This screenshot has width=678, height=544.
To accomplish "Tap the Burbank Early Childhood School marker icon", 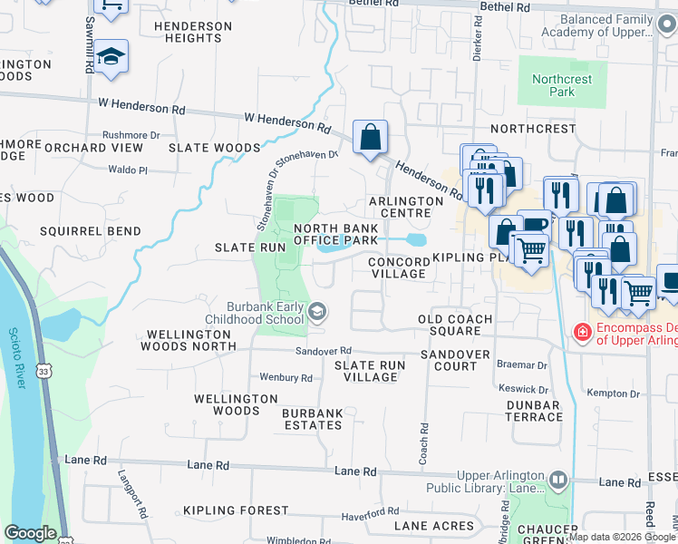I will (317, 313).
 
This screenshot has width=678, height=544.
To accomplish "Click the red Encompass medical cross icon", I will (581, 333).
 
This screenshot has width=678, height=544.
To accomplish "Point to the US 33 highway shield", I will (44, 345).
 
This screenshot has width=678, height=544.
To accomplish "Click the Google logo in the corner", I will (30, 533).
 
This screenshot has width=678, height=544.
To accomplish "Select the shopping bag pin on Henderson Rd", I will (371, 139).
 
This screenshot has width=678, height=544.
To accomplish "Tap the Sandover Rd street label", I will (322, 351).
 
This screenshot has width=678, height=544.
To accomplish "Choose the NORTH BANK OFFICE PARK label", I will (334, 234).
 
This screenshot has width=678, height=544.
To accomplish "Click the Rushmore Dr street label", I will (131, 135).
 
